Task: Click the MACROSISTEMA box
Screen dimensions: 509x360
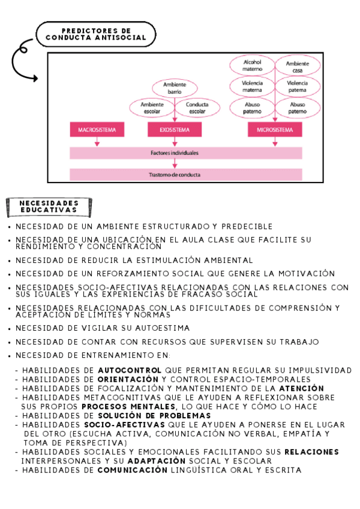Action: [x=97, y=130]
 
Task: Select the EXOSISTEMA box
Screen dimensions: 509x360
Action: [x=175, y=130]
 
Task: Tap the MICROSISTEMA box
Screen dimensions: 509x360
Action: [x=275, y=130]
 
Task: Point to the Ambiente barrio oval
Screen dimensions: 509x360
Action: [x=175, y=88]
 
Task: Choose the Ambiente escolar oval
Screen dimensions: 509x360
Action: [x=152, y=108]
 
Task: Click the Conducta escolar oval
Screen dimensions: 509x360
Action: [x=197, y=108]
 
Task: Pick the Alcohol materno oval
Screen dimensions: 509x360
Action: [x=253, y=65]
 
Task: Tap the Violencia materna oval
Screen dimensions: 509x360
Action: [x=253, y=86]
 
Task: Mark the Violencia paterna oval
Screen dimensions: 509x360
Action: [x=298, y=86]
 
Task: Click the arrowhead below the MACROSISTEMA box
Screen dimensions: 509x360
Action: [x=97, y=143]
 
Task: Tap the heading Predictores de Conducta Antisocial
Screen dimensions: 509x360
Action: [x=96, y=34]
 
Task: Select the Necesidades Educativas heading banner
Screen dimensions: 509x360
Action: [x=49, y=206]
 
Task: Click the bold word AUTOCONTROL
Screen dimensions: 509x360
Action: [x=129, y=370]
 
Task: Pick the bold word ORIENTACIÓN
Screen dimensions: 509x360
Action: [x=128, y=379]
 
